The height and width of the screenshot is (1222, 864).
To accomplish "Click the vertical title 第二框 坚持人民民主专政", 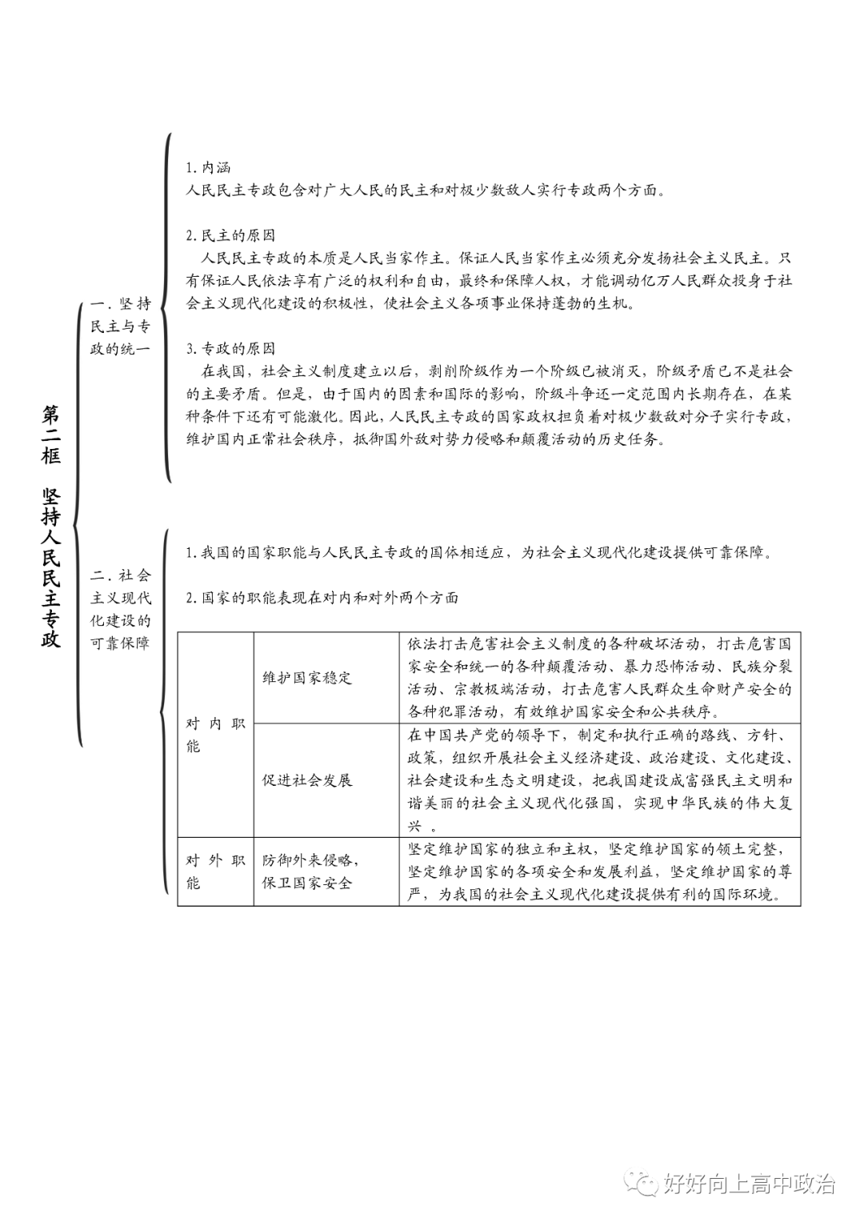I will [51, 525].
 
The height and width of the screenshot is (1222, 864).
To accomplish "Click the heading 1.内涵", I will [207, 167].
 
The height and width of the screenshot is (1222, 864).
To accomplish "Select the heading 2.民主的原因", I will [230, 235].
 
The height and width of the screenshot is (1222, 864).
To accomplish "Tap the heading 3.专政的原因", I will [230, 348].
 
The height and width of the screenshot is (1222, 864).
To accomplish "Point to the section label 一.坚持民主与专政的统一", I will [120, 326].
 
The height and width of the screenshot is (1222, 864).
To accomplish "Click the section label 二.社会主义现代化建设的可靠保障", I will [120, 609].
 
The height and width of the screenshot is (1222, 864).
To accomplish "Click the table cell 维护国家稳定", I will [307, 678].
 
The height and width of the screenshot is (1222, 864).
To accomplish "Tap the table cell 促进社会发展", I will [307, 780].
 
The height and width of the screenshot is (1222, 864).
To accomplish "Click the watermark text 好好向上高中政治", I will [749, 1184].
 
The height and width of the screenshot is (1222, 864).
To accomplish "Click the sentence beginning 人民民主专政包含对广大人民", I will [425, 190].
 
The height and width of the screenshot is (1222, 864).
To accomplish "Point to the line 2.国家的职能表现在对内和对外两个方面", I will [322, 598].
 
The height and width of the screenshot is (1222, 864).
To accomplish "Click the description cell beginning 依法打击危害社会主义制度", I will [599, 678].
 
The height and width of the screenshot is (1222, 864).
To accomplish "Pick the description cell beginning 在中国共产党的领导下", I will [599, 780].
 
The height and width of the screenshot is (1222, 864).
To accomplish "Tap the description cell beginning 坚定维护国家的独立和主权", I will [599, 871].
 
